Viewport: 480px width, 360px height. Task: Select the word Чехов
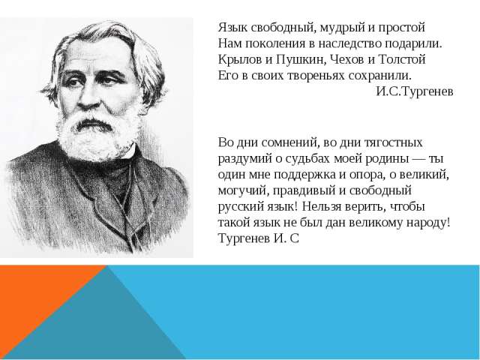(347, 60)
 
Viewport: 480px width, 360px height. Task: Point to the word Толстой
(402, 60)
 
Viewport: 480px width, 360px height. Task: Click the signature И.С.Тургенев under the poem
(415, 91)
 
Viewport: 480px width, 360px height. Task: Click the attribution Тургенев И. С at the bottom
(258, 238)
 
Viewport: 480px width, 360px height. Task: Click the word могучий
(243, 191)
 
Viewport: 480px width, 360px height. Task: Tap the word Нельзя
(322, 207)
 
